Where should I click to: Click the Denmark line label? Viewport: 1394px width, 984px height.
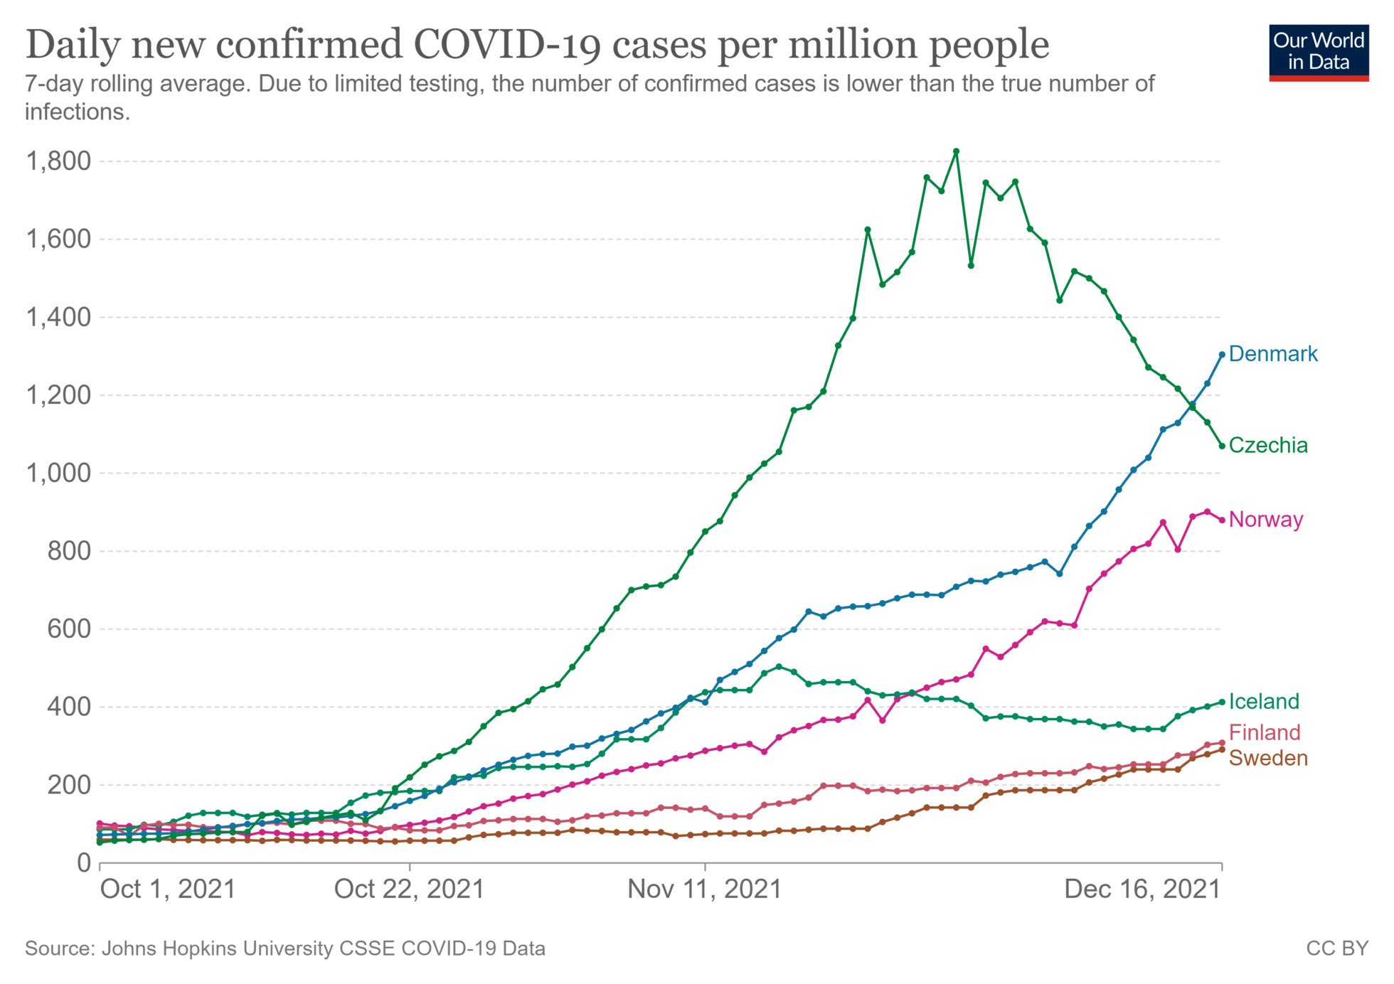pos(1272,353)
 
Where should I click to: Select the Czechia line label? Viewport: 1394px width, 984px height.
pos(1267,445)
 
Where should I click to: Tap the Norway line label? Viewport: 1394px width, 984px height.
pos(1265,519)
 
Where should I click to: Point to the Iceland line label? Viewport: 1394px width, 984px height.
pos(1263,701)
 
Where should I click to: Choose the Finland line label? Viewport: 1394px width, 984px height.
pos(1264,732)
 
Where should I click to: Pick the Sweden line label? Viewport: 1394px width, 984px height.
pos(1267,758)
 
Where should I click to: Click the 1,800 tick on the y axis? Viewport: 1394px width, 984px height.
pos(58,161)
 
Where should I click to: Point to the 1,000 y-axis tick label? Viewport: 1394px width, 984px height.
pos(58,473)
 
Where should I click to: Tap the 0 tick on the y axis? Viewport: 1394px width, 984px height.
pos(84,862)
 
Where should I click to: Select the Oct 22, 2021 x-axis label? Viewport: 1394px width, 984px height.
pos(409,889)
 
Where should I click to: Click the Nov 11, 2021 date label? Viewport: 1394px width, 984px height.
pos(704,889)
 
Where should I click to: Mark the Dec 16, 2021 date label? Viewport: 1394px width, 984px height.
pos(1142,889)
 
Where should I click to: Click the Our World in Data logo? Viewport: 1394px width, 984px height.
pos(1318,53)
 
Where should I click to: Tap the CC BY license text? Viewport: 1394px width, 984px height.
pos(1336,948)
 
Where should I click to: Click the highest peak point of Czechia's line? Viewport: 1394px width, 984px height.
pos(956,151)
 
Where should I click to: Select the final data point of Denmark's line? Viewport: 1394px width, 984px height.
pos(1222,354)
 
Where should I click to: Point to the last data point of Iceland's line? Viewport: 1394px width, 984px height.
pos(1222,702)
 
